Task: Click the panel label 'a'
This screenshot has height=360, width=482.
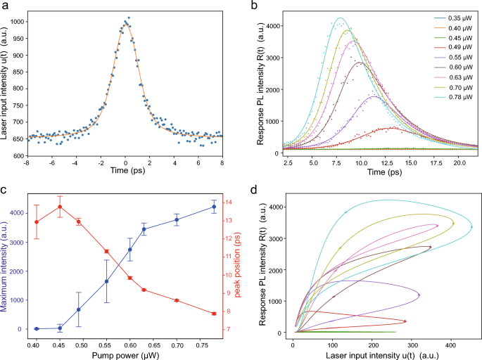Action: [7, 6]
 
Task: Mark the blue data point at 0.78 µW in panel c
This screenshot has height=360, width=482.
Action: [214, 207]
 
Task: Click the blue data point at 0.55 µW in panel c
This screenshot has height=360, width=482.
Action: [106, 281]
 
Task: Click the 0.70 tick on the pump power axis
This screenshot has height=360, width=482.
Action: [177, 345]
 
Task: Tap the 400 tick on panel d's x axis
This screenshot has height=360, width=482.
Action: [450, 345]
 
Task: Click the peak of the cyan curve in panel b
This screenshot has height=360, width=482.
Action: [340, 18]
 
